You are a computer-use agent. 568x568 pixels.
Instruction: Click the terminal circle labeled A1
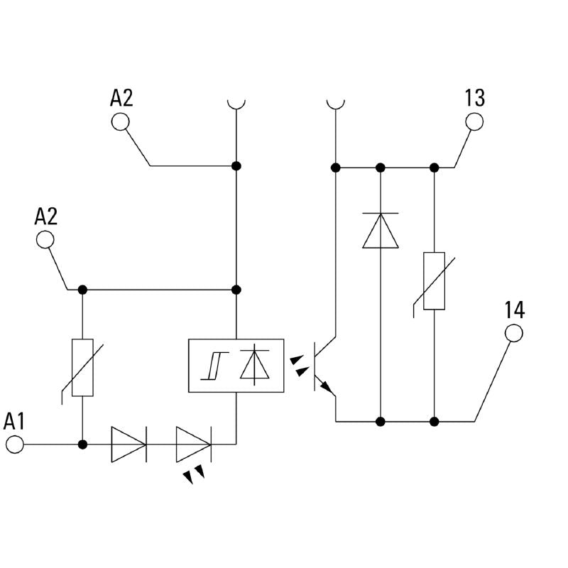(14, 445)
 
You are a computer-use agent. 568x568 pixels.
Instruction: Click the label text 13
(474, 98)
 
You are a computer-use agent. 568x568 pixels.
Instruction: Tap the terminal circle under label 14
(513, 332)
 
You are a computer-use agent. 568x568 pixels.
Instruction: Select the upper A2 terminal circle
(120, 121)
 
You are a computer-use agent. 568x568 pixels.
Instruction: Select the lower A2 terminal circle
(45, 239)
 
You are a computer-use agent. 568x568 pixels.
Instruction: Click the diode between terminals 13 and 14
(381, 230)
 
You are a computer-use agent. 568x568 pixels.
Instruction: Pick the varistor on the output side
(434, 281)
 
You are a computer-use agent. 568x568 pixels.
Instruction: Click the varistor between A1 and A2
(82, 368)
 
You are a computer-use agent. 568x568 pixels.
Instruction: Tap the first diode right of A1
(129, 445)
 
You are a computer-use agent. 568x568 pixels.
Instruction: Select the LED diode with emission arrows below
(193, 445)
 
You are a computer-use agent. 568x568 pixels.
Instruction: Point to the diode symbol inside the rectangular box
(254, 365)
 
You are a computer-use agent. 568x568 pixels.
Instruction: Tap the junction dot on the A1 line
(82, 445)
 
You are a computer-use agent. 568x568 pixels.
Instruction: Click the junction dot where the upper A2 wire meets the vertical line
(236, 166)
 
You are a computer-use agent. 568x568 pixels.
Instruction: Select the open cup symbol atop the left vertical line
(236, 104)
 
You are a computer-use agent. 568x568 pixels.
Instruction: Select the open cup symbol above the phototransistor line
(335, 104)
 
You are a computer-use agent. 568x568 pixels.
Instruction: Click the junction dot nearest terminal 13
(434, 168)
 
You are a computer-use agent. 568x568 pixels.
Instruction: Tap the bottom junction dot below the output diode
(381, 422)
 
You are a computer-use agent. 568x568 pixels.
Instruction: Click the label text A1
(14, 421)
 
